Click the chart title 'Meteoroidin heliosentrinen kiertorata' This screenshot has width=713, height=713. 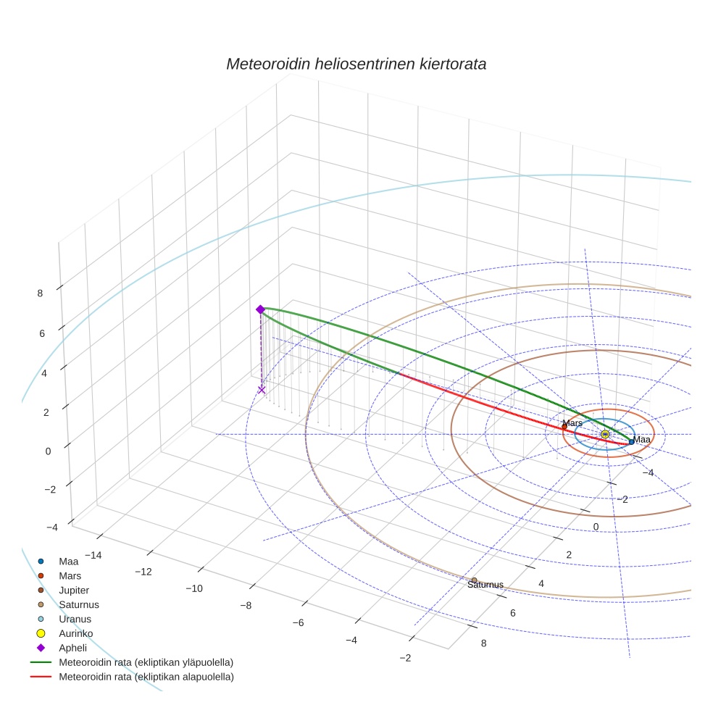tap(356, 64)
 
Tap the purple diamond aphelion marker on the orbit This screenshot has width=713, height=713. tap(260, 309)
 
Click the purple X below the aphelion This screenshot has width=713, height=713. tap(262, 390)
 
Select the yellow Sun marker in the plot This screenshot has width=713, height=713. tap(605, 434)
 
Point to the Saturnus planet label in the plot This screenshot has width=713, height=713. tap(485, 585)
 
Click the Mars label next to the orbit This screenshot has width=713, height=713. tap(572, 422)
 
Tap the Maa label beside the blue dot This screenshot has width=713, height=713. tap(643, 439)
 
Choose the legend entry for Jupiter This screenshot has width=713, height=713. tap(74, 590)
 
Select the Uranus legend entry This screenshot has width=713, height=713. tap(75, 619)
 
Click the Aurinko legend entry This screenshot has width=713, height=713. tap(75, 633)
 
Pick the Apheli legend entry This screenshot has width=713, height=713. tap(72, 648)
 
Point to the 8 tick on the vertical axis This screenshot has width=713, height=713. tap(41, 293)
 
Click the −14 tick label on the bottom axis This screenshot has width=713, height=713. tap(93, 555)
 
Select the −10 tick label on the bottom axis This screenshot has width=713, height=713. tap(193, 588)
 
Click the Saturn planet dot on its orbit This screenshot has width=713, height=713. tap(474, 580)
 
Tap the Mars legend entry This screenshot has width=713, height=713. tap(70, 575)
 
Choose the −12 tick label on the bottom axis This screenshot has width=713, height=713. tap(143, 572)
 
